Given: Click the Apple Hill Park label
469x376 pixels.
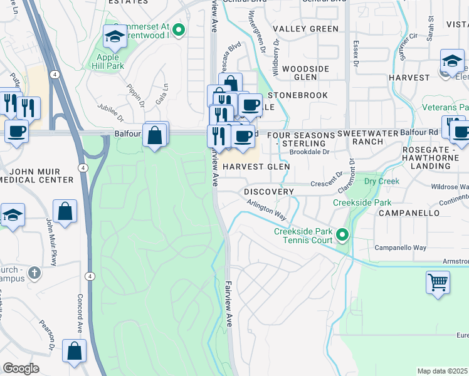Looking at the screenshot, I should (x=108, y=60).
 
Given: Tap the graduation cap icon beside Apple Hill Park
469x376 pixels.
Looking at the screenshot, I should (x=115, y=39).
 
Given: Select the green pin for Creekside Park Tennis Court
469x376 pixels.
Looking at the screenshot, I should (x=342, y=235).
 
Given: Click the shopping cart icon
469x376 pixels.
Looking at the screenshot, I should (x=438, y=281).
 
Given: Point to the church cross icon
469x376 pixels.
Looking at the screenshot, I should (x=35, y=273).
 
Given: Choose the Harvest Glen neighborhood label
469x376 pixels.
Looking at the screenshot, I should (x=256, y=167).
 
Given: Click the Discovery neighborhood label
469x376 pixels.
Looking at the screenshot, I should (x=268, y=191).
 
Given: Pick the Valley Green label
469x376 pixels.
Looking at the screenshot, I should (x=305, y=29).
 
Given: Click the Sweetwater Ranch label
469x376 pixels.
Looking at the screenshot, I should (x=360, y=138).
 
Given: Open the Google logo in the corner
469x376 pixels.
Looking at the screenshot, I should (x=21, y=368).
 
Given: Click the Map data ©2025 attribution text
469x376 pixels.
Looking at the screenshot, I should (x=442, y=371).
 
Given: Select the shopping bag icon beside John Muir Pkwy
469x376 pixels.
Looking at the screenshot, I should (x=65, y=211).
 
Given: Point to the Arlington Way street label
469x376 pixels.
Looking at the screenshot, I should (x=266, y=209).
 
